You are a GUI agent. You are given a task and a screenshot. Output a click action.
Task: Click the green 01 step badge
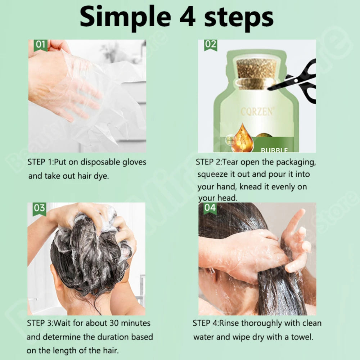coord(40,46)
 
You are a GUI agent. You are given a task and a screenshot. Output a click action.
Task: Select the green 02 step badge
coord(211,45)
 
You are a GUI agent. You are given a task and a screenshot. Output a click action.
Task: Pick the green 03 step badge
coord(39,209)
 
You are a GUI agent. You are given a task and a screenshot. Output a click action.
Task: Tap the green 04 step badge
coord(210,208)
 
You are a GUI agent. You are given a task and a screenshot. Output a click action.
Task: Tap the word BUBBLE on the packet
coord(274,150)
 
